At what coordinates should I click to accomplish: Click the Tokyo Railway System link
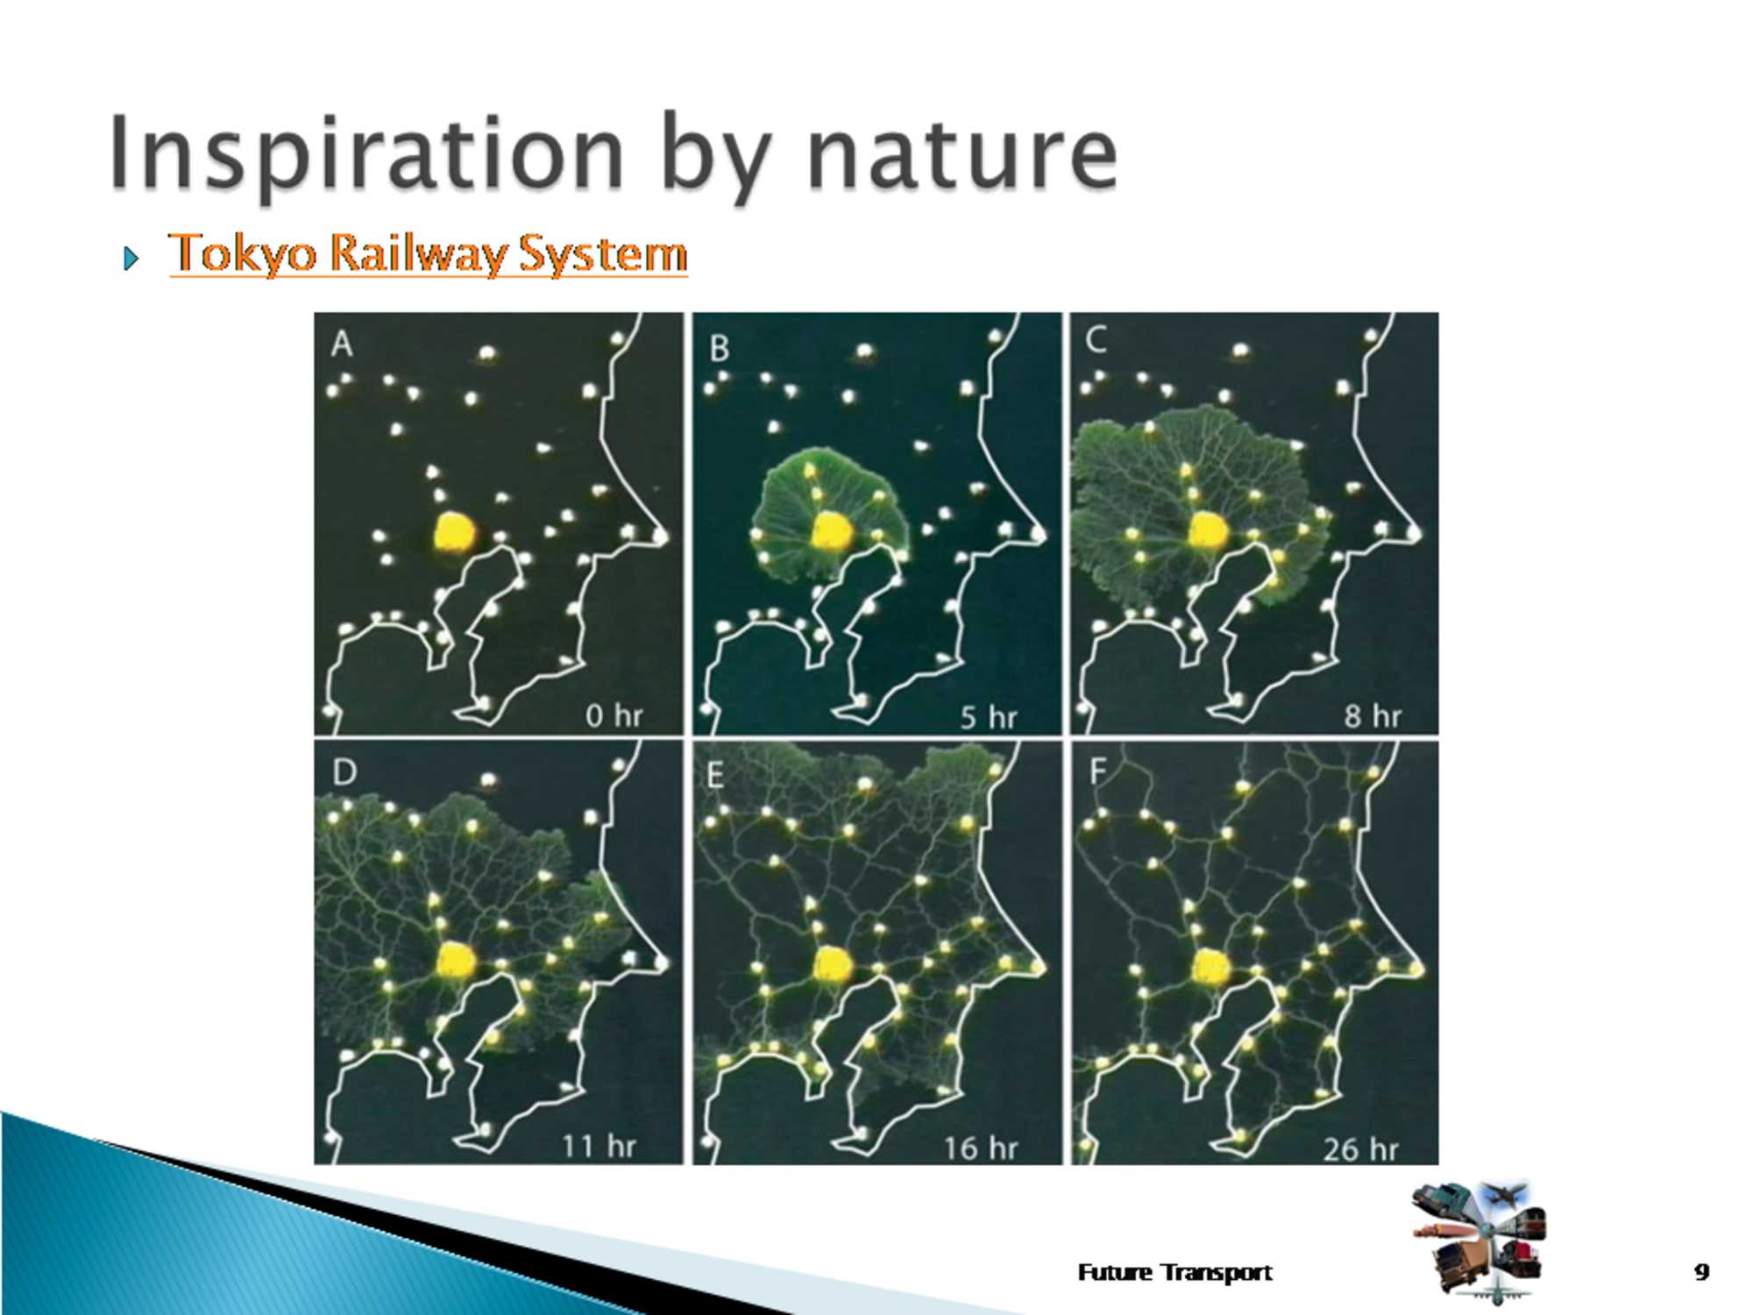(x=428, y=253)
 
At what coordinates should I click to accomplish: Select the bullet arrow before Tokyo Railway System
(x=131, y=258)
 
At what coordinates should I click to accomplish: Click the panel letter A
(x=342, y=344)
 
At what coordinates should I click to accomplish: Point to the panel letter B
(x=720, y=349)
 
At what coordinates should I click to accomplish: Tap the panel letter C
(x=1097, y=340)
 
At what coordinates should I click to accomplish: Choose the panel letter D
(x=344, y=772)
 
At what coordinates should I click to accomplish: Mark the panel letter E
(x=715, y=776)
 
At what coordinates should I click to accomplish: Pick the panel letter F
(x=1097, y=771)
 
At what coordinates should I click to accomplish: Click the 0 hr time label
(x=614, y=716)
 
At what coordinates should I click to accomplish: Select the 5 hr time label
(x=989, y=718)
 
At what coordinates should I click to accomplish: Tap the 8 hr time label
(x=1373, y=716)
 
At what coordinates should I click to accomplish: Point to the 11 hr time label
(x=599, y=1146)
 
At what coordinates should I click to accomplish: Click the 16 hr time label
(x=981, y=1148)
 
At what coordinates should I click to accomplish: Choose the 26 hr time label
(x=1361, y=1148)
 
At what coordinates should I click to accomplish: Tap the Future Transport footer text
(x=1175, y=1272)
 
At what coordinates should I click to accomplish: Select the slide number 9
(x=1701, y=1271)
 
